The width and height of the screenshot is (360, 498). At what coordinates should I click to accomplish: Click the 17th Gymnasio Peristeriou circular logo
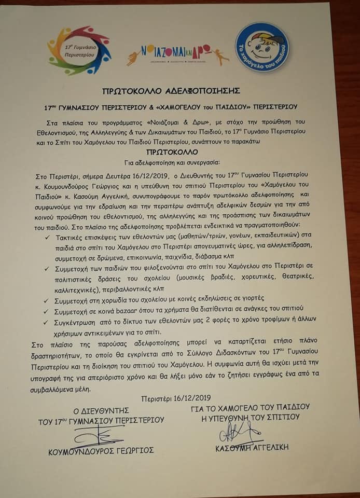click(x=79, y=50)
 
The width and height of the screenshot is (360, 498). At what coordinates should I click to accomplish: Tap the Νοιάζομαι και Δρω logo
click(x=177, y=53)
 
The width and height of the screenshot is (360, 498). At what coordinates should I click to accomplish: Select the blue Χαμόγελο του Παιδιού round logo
click(x=261, y=48)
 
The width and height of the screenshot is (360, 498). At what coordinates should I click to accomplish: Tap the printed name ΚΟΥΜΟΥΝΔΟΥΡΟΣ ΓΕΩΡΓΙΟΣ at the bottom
click(x=101, y=451)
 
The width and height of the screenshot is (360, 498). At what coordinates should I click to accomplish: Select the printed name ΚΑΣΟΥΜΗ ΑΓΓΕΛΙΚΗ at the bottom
click(x=252, y=447)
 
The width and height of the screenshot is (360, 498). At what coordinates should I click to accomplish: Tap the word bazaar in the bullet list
click(x=120, y=311)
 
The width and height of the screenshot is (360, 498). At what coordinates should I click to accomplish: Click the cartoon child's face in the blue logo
click(x=262, y=45)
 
